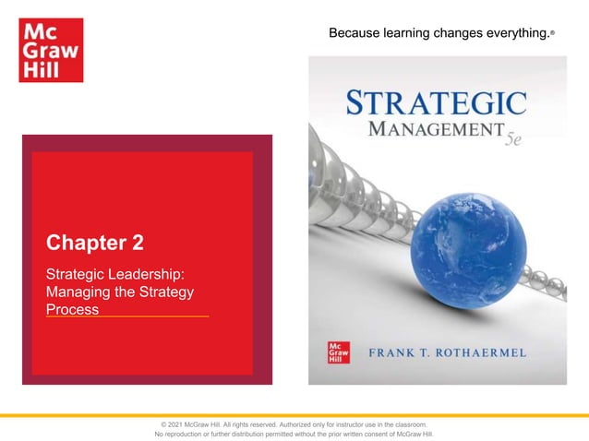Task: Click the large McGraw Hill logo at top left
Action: (50, 50)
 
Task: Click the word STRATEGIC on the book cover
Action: (436, 102)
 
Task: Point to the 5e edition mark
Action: (513, 145)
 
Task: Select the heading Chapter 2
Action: (95, 244)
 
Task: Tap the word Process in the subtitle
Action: (72, 309)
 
